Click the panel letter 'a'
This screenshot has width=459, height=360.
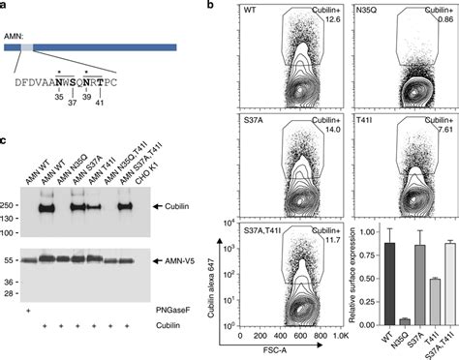coord(6,7)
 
